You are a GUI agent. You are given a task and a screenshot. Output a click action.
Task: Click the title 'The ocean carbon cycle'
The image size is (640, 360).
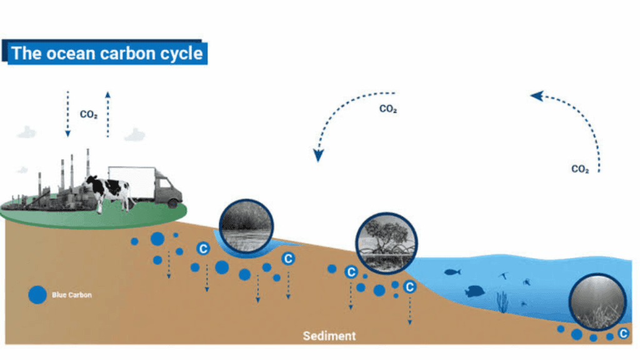(x=107, y=53)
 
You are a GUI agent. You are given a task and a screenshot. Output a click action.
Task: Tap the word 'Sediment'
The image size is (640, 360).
(x=329, y=336)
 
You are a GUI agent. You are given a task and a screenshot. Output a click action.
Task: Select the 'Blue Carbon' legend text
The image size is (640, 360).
(x=72, y=295)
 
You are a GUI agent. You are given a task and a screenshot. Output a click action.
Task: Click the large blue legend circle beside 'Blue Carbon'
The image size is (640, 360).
(x=37, y=295)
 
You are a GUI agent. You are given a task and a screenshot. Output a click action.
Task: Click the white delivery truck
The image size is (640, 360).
(x=144, y=184)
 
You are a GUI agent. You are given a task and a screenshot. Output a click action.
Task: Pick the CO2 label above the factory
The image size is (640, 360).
(x=88, y=115)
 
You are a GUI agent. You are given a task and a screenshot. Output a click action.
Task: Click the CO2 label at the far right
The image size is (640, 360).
(x=580, y=169)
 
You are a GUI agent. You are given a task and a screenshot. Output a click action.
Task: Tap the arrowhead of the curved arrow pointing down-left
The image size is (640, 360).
(x=319, y=155)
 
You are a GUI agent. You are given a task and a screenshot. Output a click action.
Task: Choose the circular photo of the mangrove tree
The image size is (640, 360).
(x=386, y=244)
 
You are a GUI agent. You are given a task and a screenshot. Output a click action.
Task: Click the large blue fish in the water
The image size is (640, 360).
(x=474, y=291)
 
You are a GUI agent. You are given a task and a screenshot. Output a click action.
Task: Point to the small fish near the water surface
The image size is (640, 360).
(x=452, y=272)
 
